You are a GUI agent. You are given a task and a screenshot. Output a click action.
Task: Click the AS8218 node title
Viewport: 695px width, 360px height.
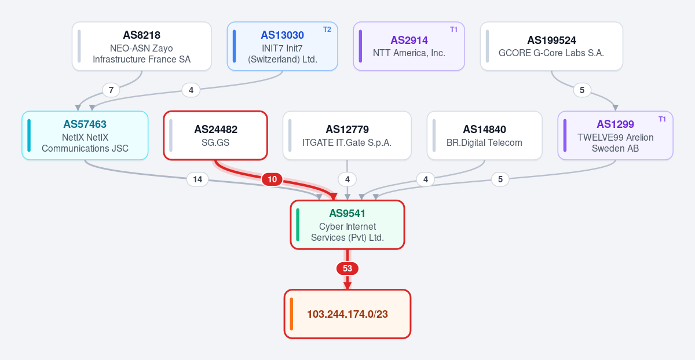pos(141,35)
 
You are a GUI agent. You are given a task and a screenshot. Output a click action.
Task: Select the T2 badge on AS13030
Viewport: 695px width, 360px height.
pos(327,30)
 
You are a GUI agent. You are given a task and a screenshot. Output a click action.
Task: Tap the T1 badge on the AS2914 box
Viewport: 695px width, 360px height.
pos(453,30)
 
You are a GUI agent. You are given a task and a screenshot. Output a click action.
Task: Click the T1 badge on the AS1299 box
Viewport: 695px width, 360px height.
pos(662,119)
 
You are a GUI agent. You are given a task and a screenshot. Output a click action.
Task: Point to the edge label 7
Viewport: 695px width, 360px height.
pos(111,90)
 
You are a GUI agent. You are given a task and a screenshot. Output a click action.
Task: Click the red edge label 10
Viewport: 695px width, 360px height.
pos(272,179)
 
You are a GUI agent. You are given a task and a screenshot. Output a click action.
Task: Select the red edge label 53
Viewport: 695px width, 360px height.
pos(348,268)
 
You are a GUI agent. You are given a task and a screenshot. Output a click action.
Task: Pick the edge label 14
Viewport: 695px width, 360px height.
pos(197,179)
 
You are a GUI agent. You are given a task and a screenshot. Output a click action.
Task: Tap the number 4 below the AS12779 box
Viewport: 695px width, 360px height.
pos(348,179)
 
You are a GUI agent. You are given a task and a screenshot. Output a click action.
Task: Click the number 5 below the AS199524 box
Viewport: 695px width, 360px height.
pos(582,90)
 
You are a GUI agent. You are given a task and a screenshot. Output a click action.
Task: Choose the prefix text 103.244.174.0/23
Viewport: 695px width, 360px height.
pos(348,314)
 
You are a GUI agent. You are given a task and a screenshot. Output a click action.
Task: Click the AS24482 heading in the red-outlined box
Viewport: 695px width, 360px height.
pos(215,129)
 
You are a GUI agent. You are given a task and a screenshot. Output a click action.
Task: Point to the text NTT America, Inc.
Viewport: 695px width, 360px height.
pos(409,53)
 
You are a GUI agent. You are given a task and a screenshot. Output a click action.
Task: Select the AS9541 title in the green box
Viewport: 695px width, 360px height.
pos(347,214)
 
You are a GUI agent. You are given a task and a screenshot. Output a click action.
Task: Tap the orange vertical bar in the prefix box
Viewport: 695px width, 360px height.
pos(291,314)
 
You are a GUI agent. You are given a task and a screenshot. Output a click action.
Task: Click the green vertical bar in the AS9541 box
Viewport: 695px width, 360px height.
pos(298,225)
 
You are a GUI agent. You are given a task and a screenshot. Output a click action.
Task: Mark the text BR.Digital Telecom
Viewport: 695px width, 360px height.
pos(484,142)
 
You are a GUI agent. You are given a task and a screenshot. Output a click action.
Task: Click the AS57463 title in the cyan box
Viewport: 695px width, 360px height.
pos(85,124)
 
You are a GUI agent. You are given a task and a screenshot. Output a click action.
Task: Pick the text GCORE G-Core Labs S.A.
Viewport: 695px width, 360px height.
pos(551,53)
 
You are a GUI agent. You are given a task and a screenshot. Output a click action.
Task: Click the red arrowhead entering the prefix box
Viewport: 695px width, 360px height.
pos(348,286)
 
